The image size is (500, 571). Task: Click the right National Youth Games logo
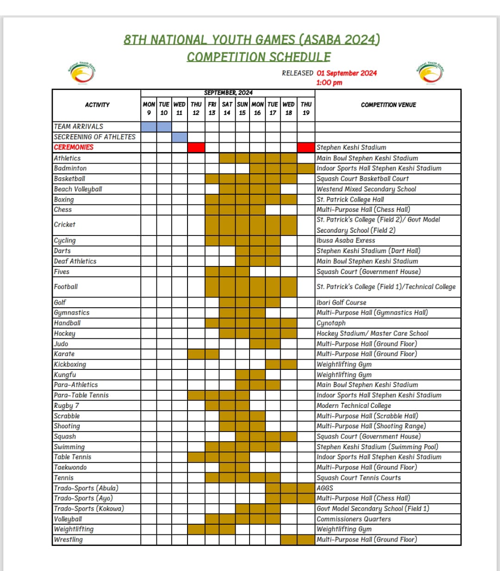(431, 73)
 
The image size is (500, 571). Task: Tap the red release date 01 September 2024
(347, 73)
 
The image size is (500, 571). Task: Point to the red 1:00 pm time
(329, 83)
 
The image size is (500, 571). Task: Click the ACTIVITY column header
(97, 105)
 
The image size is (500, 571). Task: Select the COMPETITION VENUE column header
(388, 105)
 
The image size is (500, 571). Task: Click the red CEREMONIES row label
(74, 147)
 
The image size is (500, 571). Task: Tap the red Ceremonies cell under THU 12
(196, 147)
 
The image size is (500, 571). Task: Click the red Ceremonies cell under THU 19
(306, 147)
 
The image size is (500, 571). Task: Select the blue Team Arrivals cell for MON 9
(149, 127)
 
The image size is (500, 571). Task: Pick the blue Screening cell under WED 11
(180, 137)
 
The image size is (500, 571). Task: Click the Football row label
(66, 287)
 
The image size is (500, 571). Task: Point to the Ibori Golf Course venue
(341, 303)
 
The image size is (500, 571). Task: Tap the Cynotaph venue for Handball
(331, 324)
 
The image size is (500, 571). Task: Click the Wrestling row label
(68, 540)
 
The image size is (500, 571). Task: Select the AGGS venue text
(325, 488)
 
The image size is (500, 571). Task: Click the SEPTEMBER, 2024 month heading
(228, 93)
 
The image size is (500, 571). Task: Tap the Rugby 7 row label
(66, 406)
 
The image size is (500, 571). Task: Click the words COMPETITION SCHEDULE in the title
(259, 57)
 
